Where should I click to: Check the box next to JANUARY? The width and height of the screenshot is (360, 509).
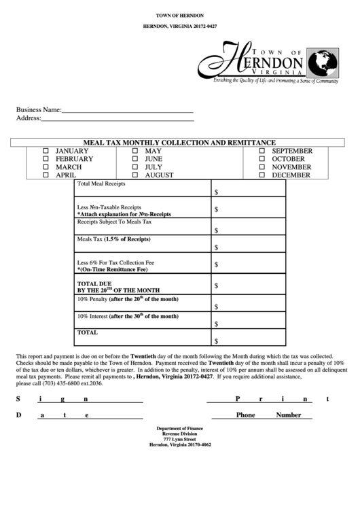(46, 151)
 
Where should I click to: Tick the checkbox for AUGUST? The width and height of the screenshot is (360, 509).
(135, 175)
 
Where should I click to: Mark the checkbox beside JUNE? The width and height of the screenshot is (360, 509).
(135, 159)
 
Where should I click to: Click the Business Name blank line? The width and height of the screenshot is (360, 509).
(128, 109)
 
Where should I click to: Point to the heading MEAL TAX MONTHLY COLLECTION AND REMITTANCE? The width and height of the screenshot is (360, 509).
(179, 143)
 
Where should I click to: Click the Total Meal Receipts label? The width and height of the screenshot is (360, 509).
(101, 184)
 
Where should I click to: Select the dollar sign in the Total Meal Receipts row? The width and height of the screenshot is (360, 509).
(216, 193)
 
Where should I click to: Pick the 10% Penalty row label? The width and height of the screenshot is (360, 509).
(128, 299)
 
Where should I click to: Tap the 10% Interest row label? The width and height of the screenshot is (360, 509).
(128, 316)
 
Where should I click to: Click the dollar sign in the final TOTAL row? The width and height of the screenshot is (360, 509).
(216, 341)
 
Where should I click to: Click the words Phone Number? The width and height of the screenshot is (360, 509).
(268, 415)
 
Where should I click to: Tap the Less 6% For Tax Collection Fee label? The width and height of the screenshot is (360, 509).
(116, 262)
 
